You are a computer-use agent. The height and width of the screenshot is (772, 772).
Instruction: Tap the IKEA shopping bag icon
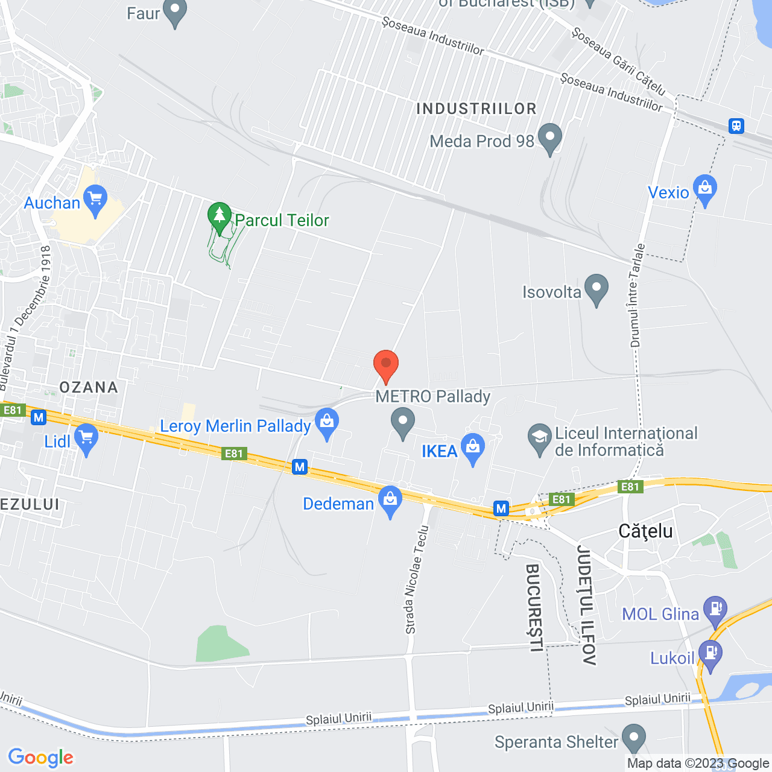click(473, 448)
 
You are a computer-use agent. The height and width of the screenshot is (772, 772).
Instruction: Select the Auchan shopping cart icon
click(95, 200)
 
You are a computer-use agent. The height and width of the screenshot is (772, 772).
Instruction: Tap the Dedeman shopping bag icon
click(391, 501)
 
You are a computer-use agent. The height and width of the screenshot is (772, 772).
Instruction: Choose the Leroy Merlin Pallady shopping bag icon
click(327, 423)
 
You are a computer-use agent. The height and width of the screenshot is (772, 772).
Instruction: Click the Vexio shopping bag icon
click(704, 190)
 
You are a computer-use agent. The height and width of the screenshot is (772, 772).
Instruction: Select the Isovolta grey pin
click(596, 289)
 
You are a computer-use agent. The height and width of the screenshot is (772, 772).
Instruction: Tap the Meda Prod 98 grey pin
click(549, 138)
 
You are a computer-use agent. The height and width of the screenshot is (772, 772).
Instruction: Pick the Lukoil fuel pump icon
click(710, 655)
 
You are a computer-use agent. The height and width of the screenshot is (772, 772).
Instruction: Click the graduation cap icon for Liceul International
click(539, 440)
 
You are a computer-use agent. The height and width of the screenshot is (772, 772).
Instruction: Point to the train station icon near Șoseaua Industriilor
click(736, 126)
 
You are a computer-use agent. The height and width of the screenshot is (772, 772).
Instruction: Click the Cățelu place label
click(645, 531)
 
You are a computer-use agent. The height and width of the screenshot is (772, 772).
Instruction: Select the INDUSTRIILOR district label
click(476, 109)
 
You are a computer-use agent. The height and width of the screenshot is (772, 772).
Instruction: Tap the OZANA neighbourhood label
click(89, 387)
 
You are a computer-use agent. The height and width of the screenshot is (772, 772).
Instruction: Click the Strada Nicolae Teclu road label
click(417, 580)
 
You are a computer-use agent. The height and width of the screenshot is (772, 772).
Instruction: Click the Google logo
click(41, 758)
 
